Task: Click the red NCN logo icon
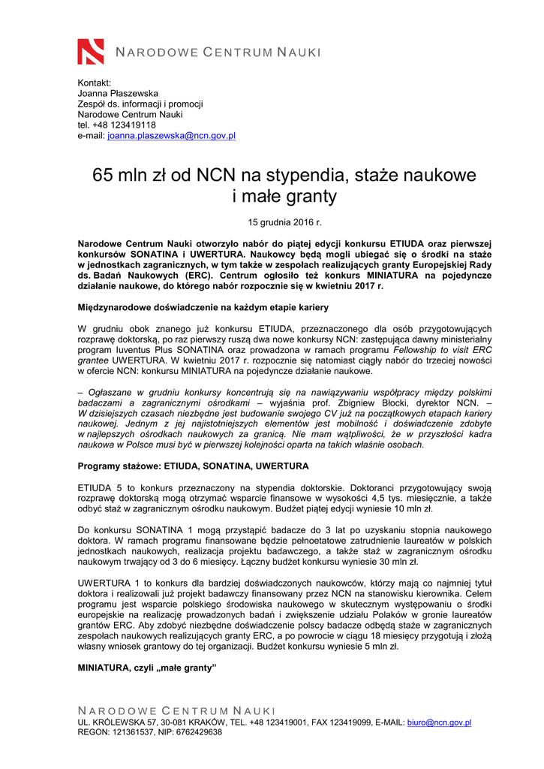point(91,51)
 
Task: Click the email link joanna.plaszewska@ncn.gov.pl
point(172,136)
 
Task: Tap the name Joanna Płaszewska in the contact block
point(118,93)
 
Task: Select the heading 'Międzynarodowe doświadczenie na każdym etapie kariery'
point(193,308)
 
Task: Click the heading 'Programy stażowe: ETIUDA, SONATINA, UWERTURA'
point(193,466)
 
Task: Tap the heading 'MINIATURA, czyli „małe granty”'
point(146,668)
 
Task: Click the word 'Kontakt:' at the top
point(95,83)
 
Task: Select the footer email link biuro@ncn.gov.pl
point(439,722)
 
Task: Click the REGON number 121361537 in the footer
point(135,732)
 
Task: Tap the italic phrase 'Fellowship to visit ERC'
point(443,350)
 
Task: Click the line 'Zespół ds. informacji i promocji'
point(140,104)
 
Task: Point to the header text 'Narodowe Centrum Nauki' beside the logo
point(218,52)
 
